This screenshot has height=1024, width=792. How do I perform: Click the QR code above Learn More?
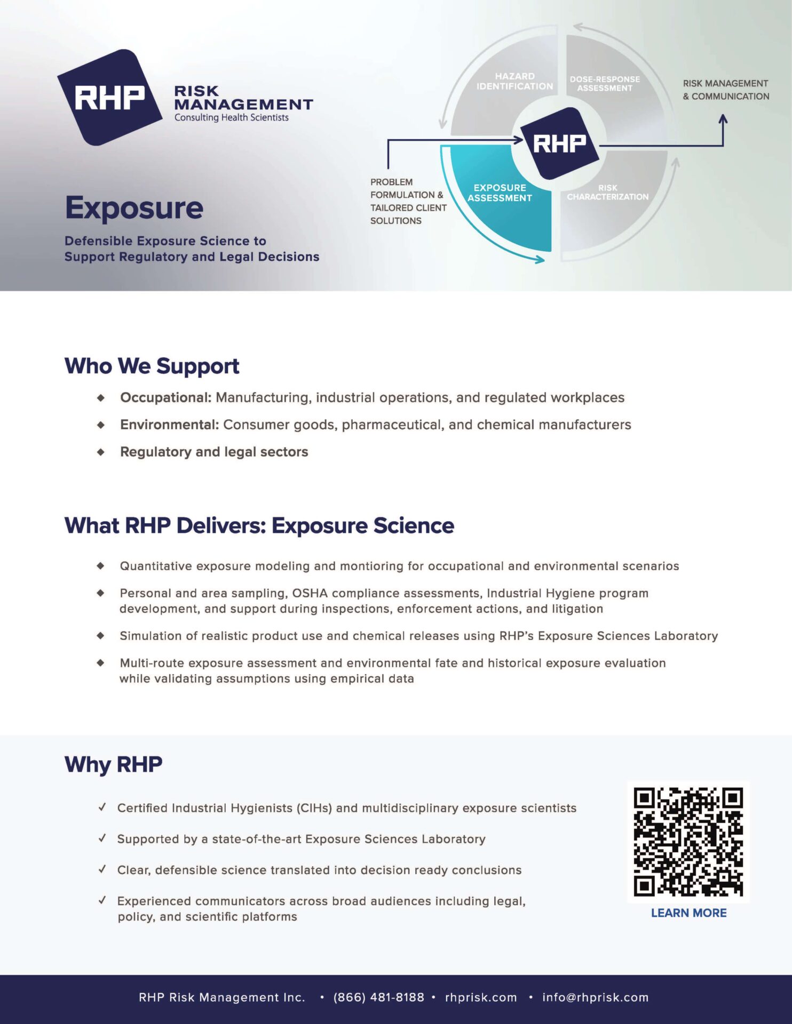tap(688, 842)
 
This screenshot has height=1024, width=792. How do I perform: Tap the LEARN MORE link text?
tap(688, 913)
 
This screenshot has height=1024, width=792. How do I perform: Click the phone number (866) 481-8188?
tap(378, 997)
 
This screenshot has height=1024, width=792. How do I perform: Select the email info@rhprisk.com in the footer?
tap(595, 997)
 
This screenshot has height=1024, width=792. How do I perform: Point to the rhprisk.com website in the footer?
tap(481, 997)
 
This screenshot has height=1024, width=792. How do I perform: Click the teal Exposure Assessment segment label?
tap(500, 193)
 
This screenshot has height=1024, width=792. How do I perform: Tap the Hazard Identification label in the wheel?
tap(514, 82)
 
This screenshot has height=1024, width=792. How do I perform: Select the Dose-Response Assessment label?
tap(605, 84)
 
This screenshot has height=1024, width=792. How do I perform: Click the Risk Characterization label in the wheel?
tap(607, 193)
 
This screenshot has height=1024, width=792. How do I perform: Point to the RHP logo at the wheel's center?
tap(559, 143)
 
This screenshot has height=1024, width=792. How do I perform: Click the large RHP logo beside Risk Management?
tap(110, 98)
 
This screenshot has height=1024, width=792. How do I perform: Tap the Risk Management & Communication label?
tap(726, 90)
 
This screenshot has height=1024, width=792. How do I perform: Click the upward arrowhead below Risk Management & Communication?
tap(723, 119)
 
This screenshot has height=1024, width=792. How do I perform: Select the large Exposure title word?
tap(134, 208)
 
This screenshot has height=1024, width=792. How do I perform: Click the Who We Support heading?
tap(152, 366)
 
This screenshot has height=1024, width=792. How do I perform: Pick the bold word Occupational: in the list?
tap(166, 398)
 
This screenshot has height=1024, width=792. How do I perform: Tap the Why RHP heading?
tap(113, 765)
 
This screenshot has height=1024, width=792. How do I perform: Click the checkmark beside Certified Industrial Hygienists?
tap(102, 807)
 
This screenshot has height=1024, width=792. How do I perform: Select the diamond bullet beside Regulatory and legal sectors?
tap(101, 452)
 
